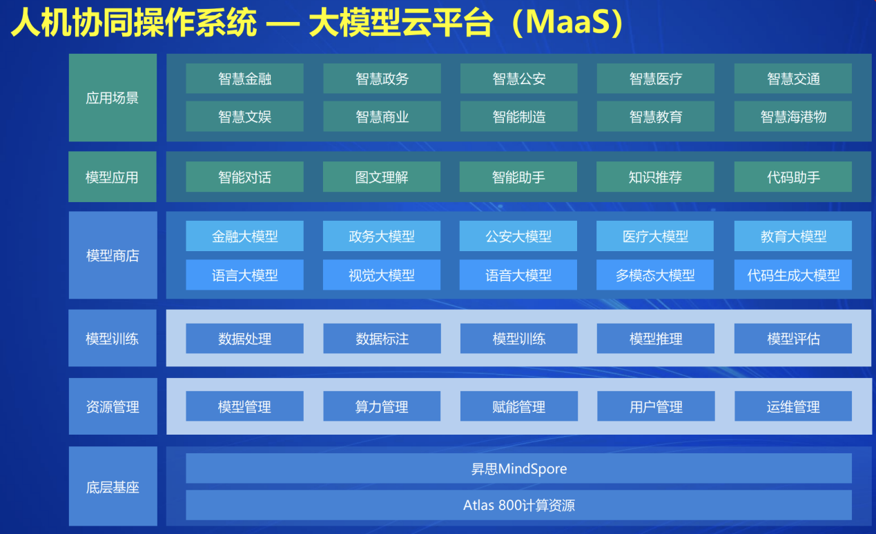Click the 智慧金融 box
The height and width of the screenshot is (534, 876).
point(244,79)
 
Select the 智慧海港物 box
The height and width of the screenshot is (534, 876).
point(792,117)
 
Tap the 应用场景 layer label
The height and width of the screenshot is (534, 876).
point(113,98)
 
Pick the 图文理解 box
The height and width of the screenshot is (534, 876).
point(382,177)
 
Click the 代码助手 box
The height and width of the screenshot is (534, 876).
point(792,177)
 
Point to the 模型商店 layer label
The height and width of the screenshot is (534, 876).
point(113,255)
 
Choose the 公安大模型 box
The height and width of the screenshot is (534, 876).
point(518,237)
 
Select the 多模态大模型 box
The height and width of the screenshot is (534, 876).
point(655,275)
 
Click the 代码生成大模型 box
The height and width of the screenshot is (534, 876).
point(792,275)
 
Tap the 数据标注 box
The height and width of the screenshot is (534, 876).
point(382,339)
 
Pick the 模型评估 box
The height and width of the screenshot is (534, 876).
point(792,339)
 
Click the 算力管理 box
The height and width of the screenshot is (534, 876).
point(382,406)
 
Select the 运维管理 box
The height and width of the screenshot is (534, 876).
point(792,406)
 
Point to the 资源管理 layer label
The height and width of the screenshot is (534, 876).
point(113,407)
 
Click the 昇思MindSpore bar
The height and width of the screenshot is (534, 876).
point(518,469)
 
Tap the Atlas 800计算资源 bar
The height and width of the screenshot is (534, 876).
point(518,505)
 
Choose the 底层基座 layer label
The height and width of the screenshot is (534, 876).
point(113,487)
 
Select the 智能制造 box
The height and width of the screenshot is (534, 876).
point(518,117)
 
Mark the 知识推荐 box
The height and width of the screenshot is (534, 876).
point(655,177)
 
